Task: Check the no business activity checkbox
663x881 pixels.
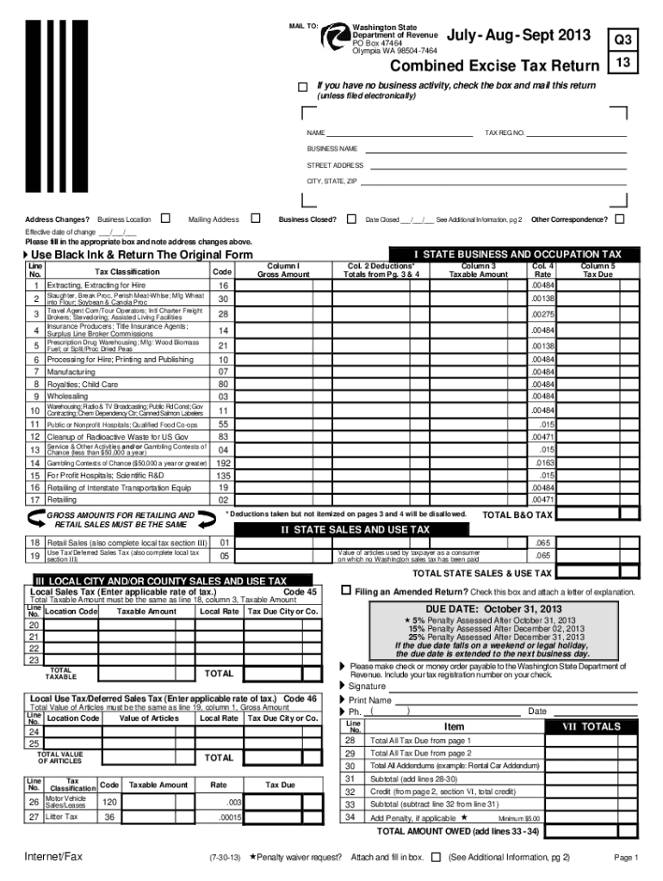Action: [x=302, y=87]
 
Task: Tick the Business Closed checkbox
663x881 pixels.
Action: [x=350, y=219]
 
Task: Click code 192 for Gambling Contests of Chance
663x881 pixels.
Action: [x=223, y=462]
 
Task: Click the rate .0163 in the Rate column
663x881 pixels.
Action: [x=542, y=462]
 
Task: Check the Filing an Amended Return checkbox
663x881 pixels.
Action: [x=346, y=591]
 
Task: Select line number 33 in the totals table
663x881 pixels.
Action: [x=350, y=804]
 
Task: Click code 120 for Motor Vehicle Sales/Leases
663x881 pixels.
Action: [x=109, y=801]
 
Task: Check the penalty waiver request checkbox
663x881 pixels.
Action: [x=436, y=857]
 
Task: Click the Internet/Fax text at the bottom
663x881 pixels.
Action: [x=53, y=857]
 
